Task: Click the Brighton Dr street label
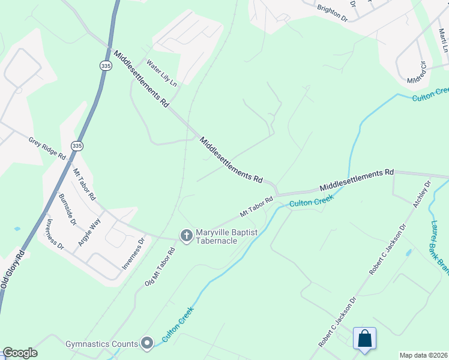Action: [333, 13]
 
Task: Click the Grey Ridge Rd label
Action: [47, 148]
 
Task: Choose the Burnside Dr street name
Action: [67, 209]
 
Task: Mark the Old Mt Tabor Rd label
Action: [159, 266]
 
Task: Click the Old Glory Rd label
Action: [12, 270]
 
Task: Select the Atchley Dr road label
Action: [422, 194]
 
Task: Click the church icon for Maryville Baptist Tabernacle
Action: [186, 235]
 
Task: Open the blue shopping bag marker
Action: [364, 339]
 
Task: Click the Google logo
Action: [20, 353]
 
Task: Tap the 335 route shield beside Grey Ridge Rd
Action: [76, 146]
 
